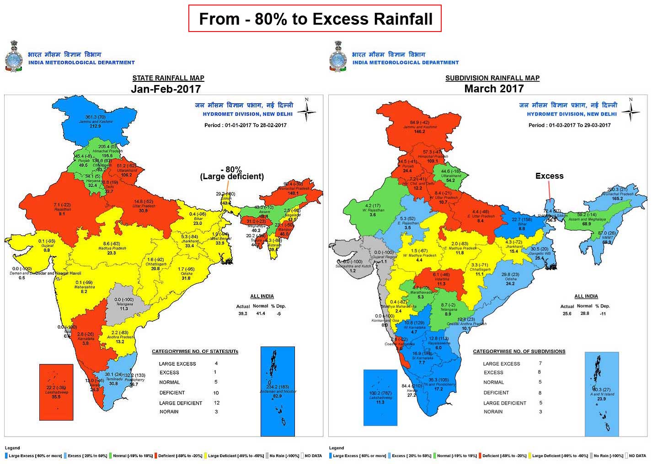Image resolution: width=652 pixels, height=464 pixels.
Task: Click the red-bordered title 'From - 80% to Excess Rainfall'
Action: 315,19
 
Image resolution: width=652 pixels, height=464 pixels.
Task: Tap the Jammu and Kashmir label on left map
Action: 95,122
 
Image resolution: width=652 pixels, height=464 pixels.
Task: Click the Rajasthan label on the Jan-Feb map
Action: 62,209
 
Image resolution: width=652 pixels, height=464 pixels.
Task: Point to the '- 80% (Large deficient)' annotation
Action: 232,173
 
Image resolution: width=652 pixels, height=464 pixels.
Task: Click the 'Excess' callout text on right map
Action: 549,176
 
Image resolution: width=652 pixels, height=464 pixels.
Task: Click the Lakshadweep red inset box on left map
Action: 56,392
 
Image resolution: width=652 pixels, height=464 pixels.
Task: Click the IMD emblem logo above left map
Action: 14,57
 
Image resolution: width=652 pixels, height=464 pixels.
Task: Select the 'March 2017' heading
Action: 493,89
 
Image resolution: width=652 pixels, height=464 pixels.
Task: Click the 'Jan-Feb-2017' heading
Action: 166,89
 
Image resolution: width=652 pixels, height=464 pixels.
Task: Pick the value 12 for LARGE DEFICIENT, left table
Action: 217,403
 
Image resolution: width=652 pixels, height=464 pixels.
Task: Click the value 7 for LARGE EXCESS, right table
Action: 540,363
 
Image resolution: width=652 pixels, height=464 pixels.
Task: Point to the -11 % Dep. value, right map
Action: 603,314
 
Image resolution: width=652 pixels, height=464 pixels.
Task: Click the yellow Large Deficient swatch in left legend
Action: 205,456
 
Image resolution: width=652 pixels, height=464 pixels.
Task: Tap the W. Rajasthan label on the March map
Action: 373,210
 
